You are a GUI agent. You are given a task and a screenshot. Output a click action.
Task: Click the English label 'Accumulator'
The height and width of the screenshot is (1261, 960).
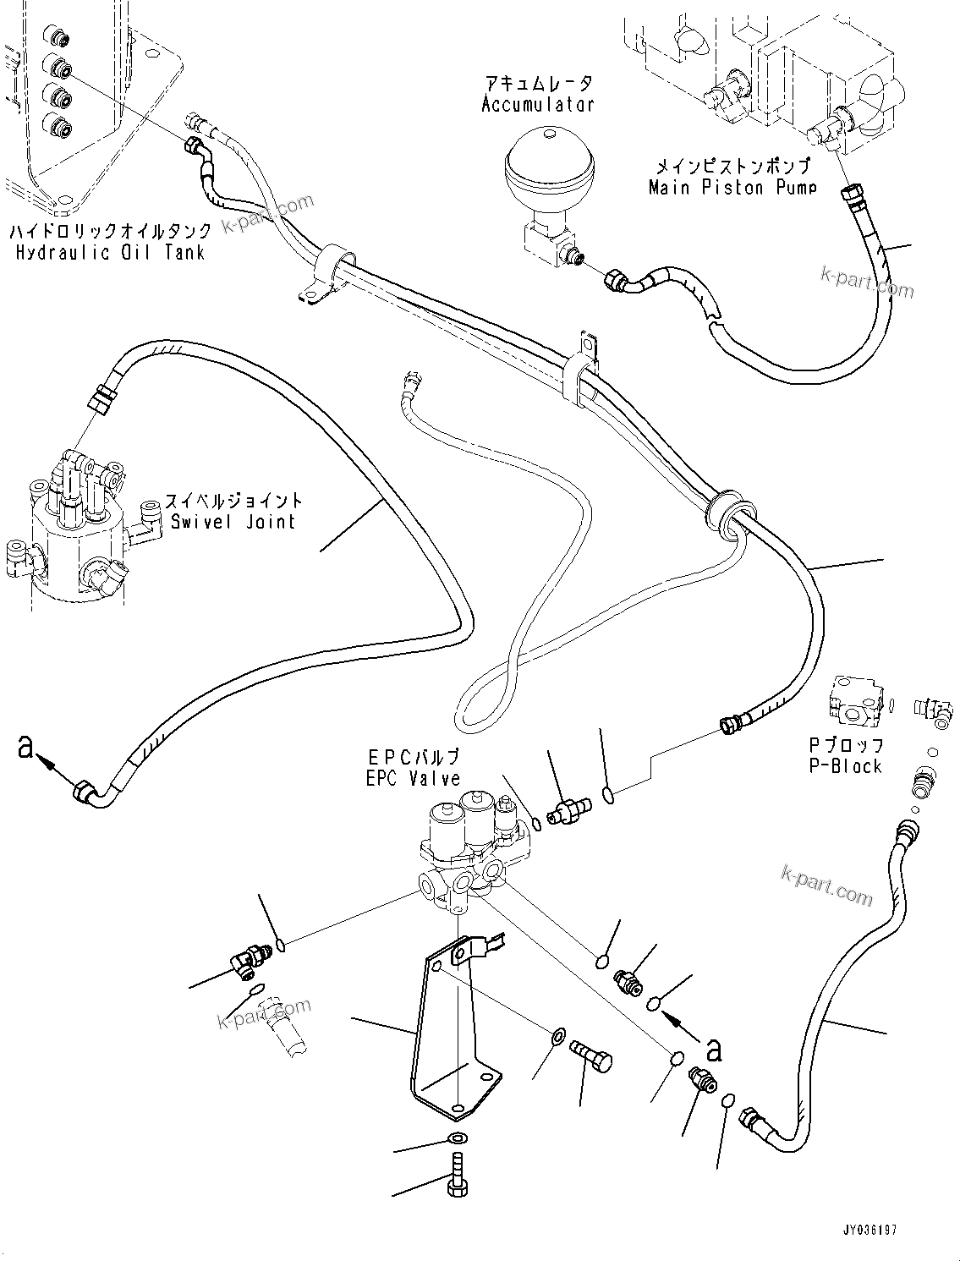(x=538, y=104)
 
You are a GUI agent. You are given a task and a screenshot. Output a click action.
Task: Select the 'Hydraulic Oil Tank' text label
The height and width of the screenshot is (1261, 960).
(x=109, y=252)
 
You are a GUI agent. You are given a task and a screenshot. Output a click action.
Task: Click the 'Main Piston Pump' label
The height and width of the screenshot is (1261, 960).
(x=732, y=187)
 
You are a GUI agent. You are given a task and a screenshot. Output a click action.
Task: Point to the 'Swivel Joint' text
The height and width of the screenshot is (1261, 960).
(x=233, y=521)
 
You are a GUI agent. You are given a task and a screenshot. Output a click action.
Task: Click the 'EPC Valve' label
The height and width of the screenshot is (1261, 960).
(x=413, y=778)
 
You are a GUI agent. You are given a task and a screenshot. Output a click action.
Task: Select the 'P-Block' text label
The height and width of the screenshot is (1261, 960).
(x=845, y=766)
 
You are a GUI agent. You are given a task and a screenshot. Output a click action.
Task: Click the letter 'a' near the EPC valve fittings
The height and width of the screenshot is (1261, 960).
(x=715, y=1049)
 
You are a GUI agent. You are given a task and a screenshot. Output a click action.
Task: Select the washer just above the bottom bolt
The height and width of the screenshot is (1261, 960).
(x=457, y=1138)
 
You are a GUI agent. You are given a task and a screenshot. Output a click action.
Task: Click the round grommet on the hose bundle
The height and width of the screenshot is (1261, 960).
(x=723, y=510)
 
